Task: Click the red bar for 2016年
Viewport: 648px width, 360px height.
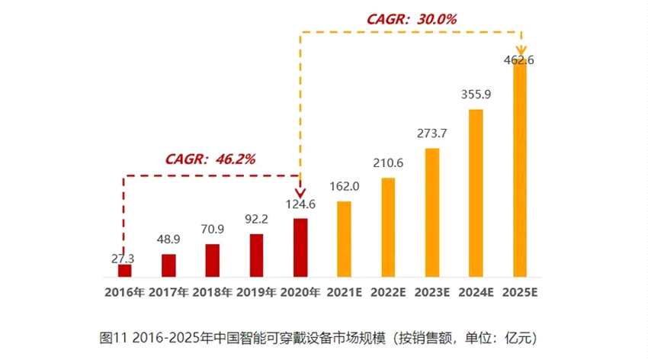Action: pos(124,270)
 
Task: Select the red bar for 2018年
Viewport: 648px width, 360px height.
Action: pos(213,260)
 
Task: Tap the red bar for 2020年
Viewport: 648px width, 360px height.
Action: pos(300,247)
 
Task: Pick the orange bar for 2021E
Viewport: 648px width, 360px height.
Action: pos(344,239)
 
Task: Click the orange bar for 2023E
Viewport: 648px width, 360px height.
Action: pos(432,212)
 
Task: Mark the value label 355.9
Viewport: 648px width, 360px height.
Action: pos(476,95)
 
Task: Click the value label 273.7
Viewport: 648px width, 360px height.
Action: pos(432,134)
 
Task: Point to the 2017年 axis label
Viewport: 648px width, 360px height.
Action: pos(168,292)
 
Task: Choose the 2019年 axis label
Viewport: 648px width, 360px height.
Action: pos(256,292)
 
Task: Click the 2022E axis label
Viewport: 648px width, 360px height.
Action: pos(388,292)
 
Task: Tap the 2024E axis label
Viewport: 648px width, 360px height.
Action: pos(476,292)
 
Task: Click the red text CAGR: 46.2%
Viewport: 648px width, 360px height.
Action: pos(210,159)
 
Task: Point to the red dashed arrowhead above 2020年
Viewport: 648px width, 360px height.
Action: pos(300,194)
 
